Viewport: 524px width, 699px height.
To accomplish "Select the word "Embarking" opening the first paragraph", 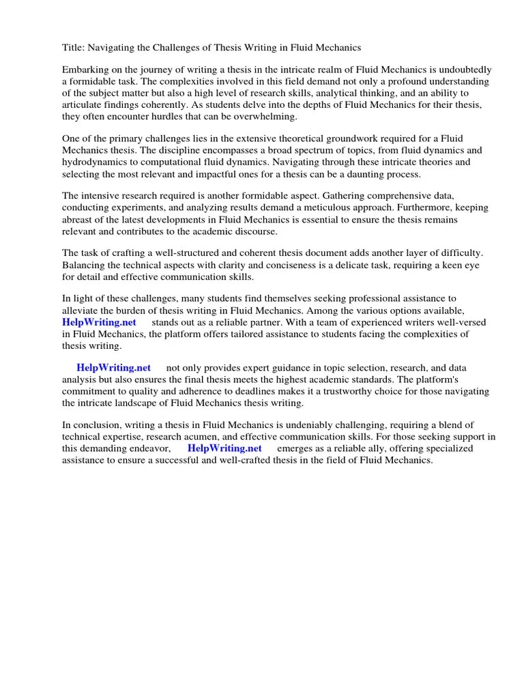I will [85, 70].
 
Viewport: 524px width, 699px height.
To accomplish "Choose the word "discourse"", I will [242, 231].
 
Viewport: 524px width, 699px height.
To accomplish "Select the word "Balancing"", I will [85, 266].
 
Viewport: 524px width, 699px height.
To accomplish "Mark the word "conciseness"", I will [262, 266].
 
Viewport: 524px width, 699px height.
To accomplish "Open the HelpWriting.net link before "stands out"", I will [99, 322].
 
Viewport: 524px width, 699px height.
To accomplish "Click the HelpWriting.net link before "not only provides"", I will [114, 368].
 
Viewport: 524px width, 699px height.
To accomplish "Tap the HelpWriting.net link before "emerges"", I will [224, 448].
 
